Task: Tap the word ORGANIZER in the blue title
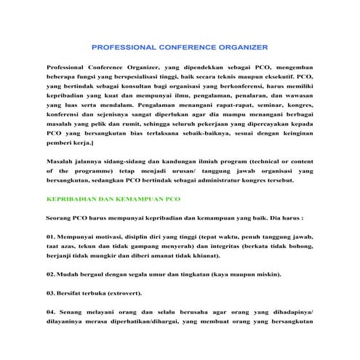point(238,47)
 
